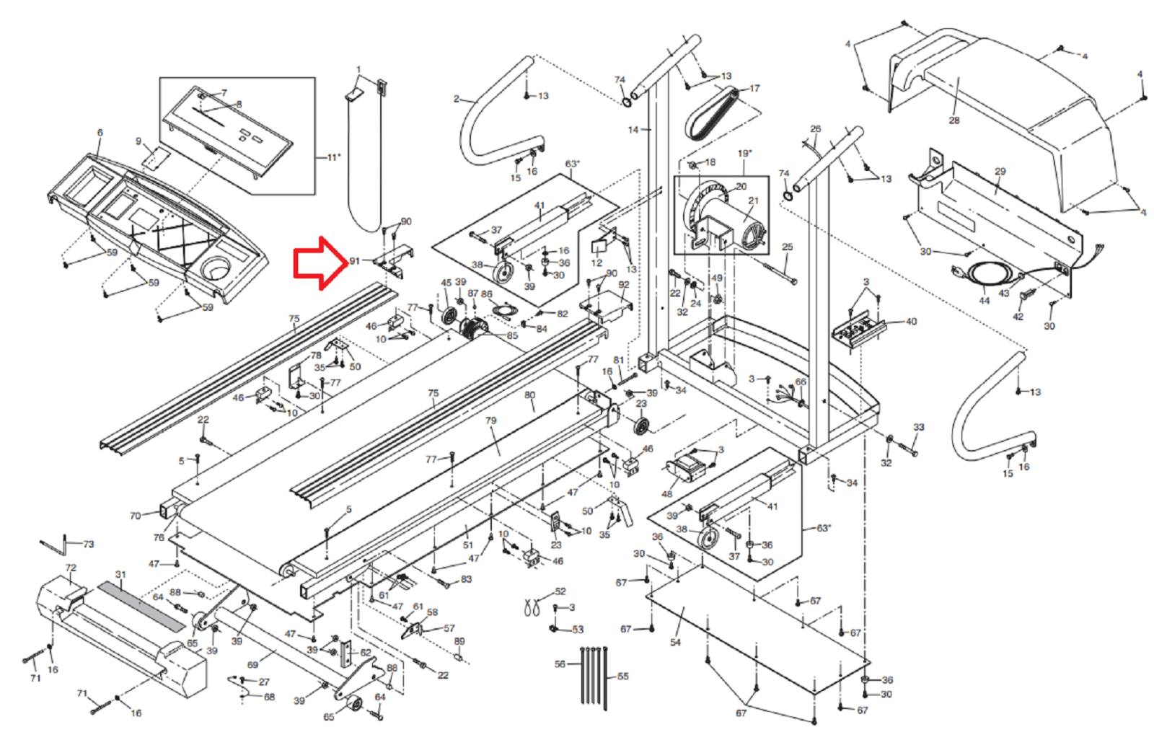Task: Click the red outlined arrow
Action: [x=320, y=263]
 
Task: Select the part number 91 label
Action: [x=354, y=261]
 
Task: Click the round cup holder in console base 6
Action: [x=216, y=270]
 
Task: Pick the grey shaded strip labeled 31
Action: [x=141, y=606]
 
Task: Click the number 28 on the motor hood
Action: [x=954, y=120]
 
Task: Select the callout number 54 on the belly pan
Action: [x=675, y=642]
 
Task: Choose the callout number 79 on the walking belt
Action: [x=491, y=420]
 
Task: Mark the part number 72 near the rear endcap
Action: [x=71, y=568]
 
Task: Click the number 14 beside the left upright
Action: [x=633, y=130]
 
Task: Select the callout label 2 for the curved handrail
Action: [x=456, y=99]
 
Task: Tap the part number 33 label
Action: [x=918, y=427]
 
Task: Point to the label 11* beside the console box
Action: [x=333, y=157]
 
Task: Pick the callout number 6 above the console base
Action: [x=100, y=133]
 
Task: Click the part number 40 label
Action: [x=911, y=322]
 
